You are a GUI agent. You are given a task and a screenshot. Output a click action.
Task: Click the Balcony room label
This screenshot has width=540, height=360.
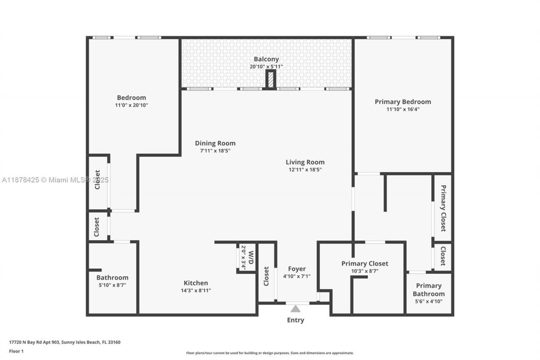point(266,59)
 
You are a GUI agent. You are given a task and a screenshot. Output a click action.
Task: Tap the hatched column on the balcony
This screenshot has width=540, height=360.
point(270,80)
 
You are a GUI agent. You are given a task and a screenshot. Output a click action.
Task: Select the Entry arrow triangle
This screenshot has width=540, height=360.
point(295,309)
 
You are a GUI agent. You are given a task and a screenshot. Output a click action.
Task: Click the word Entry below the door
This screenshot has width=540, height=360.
point(295,320)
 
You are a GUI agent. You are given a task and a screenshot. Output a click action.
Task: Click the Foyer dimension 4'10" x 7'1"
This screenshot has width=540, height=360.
point(297,276)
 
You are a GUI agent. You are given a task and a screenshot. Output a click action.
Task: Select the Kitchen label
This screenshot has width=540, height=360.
point(195,283)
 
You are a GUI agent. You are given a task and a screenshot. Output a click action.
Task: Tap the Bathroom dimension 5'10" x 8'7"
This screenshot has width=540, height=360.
point(112,285)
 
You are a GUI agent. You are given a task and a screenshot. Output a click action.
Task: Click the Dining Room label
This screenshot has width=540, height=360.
point(215,143)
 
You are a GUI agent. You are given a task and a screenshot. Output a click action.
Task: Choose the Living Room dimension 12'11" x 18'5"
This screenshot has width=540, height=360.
point(305,170)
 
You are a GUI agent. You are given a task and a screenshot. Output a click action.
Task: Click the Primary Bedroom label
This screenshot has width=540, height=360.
point(403,102)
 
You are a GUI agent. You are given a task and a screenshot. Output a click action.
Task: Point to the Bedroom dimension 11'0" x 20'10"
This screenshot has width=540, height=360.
point(132,105)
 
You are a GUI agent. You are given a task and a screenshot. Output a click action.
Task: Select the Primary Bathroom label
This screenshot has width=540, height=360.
point(429,290)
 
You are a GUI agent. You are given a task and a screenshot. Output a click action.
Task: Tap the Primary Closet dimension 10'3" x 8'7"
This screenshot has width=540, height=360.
point(364,271)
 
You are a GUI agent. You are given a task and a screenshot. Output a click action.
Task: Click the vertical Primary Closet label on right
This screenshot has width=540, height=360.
point(443,208)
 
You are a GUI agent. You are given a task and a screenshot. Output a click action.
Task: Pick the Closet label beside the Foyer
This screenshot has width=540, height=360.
point(266,276)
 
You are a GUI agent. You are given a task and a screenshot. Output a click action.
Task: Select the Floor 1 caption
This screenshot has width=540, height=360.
point(16,351)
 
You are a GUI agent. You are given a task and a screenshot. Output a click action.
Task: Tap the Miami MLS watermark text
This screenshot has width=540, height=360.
point(55,180)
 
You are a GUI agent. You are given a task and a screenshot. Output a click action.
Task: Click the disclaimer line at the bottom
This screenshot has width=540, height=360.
point(270,353)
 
